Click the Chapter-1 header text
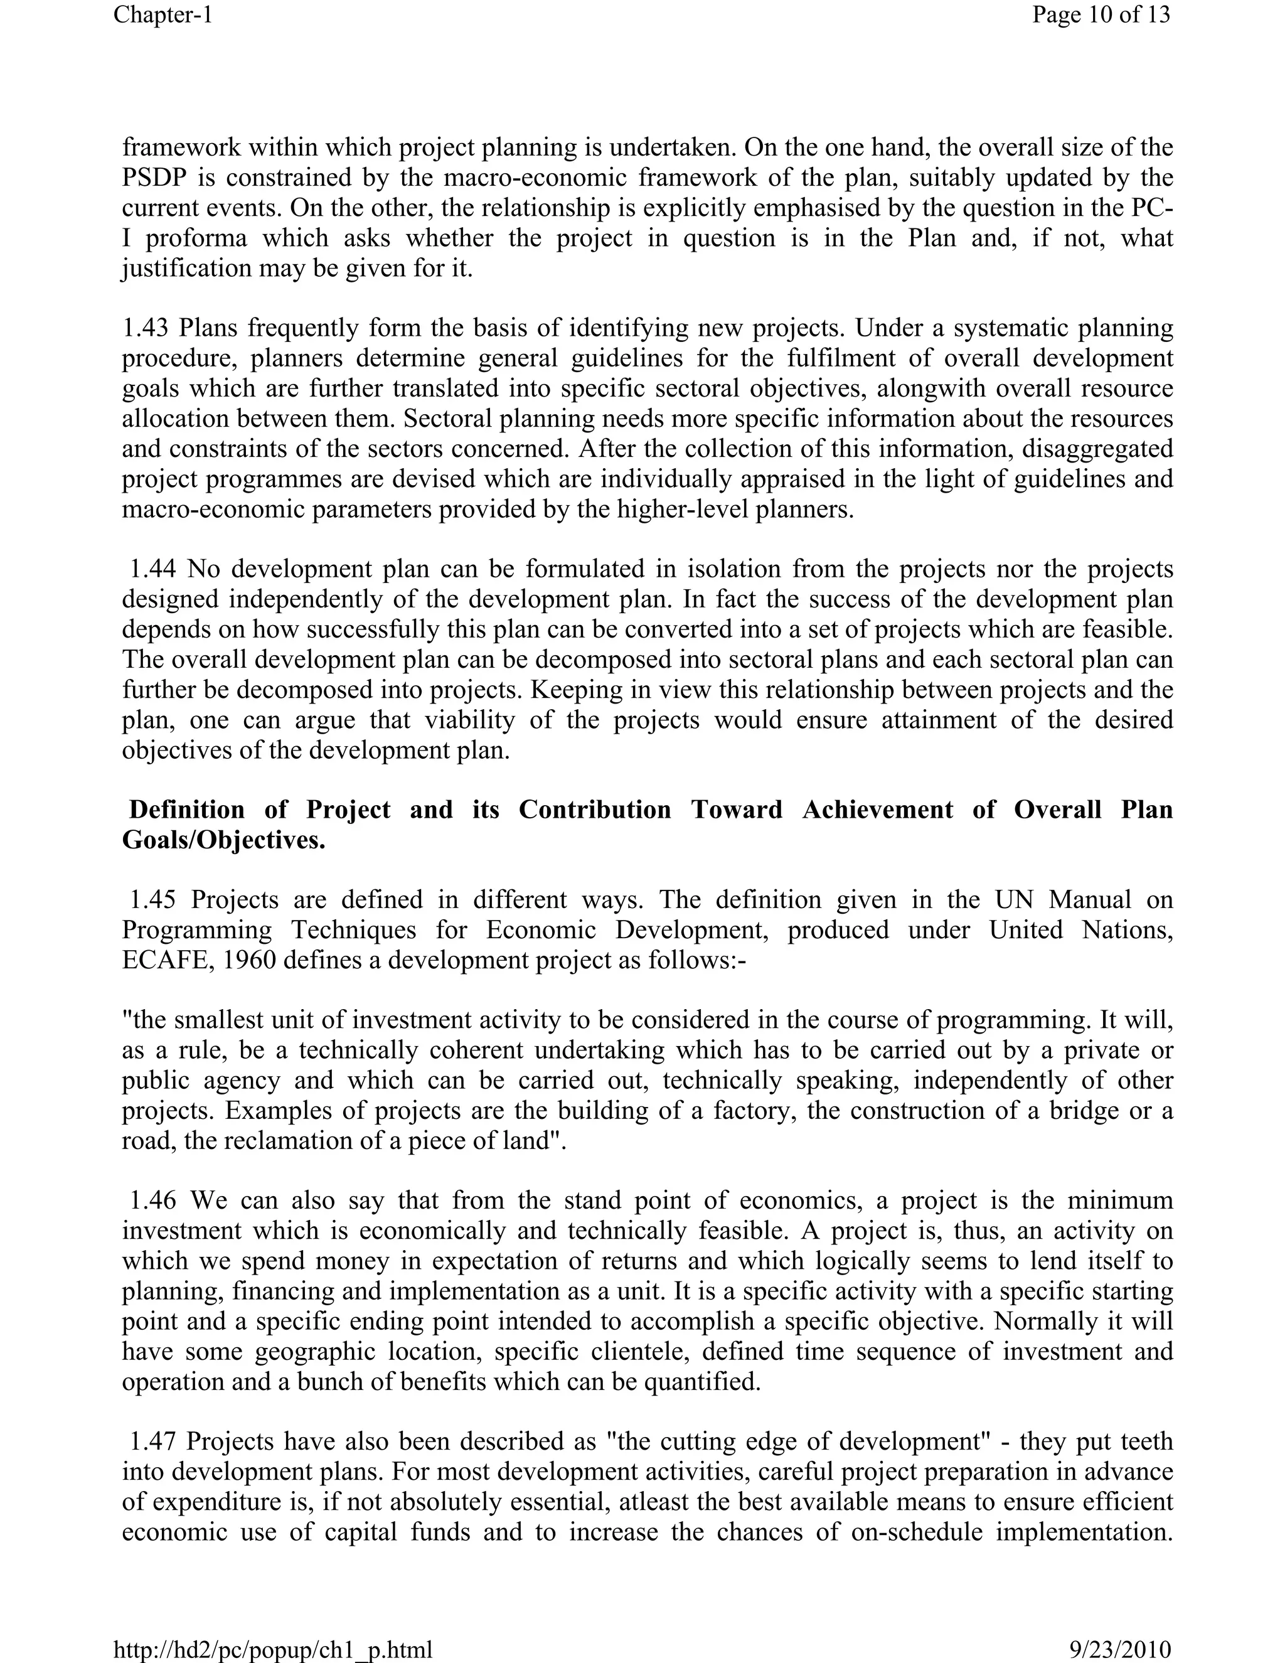tap(163, 14)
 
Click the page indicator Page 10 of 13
tap(1100, 14)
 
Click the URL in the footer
tap(272, 1649)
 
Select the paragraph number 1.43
tap(147, 328)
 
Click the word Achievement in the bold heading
tap(877, 810)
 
